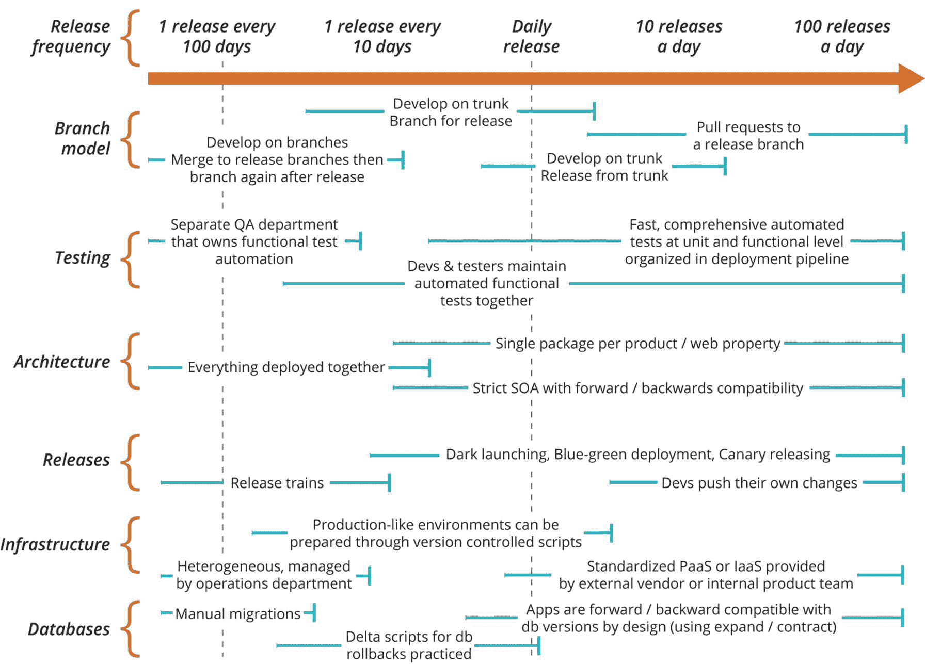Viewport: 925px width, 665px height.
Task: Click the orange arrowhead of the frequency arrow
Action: coord(910,78)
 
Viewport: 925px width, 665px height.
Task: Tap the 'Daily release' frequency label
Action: coord(531,36)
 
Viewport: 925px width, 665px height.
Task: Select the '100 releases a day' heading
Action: coord(842,36)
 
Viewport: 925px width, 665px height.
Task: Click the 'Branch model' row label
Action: coord(83,138)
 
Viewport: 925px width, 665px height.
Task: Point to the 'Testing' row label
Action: coord(83,257)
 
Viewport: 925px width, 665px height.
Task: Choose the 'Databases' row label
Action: coord(69,629)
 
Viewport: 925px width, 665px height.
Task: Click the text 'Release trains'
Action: coord(277,483)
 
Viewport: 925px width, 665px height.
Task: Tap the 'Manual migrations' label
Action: coord(237,613)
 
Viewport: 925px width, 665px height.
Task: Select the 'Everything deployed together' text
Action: coord(286,367)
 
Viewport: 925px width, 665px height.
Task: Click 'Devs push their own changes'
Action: coord(759,483)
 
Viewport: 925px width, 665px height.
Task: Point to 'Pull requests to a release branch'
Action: coord(748,136)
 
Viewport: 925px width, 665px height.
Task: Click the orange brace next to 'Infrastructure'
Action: coord(132,544)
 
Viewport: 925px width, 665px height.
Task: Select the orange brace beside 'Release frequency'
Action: coord(132,37)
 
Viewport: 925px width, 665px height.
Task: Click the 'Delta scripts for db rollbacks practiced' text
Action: coord(409,645)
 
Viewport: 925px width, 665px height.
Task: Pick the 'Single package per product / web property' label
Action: coord(637,344)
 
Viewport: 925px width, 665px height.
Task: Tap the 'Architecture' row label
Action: coord(62,362)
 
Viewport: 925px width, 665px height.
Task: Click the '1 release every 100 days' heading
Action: coord(217,36)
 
